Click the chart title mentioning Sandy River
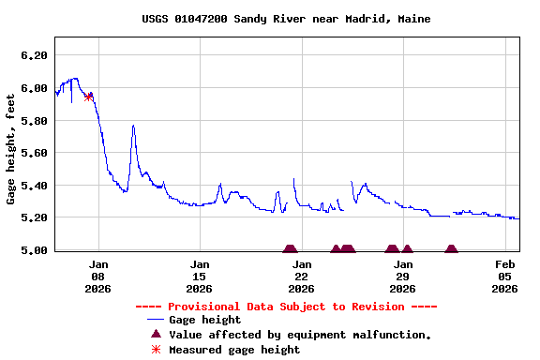pos(286,19)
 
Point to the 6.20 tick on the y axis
pos(34,55)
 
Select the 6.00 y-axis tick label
pos(34,88)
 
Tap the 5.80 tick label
pos(34,121)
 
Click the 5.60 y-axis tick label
pos(34,153)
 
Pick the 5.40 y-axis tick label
pos(34,186)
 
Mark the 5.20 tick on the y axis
pos(34,217)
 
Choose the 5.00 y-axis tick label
pos(34,250)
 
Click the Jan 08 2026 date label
pos(98,277)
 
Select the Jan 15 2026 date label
pos(200,277)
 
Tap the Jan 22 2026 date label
pos(301,277)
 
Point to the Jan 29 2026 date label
pos(402,277)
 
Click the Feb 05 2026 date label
pos(504,277)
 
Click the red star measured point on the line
pos(89,96)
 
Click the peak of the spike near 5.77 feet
pos(133,126)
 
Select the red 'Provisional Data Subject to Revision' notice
pos(286,307)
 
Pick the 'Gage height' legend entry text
pos(204,320)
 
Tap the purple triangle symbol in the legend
pos(157,335)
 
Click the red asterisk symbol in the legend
pos(157,350)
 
